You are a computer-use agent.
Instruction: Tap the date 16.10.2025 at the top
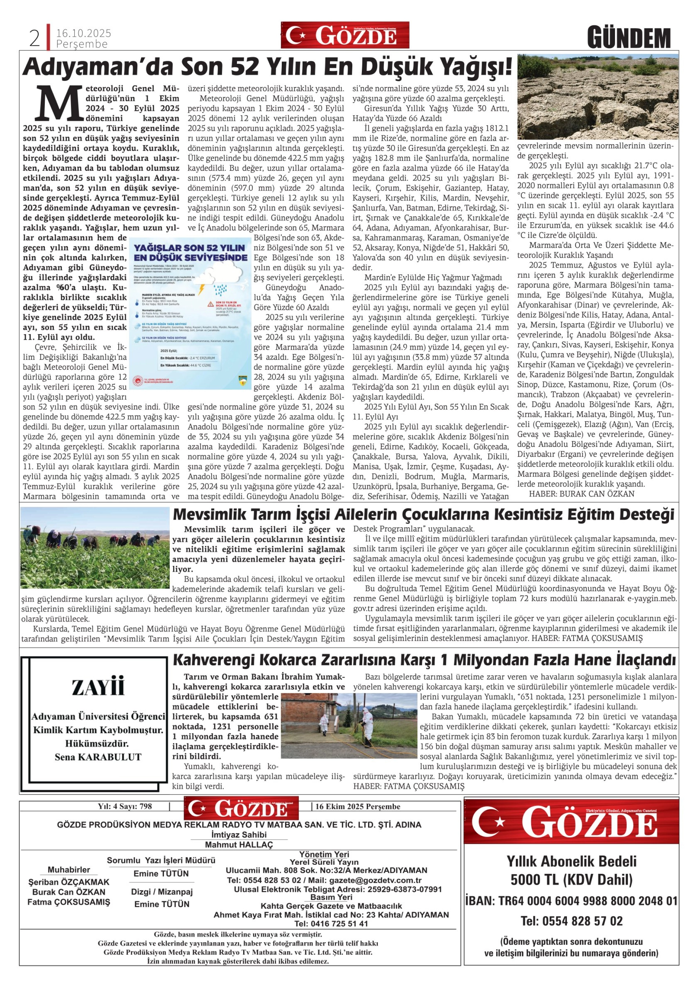pos(83,33)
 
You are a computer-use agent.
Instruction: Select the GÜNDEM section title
pos(629,38)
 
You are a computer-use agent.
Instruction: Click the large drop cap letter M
pos(58,103)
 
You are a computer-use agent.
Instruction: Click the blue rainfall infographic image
pos(191,314)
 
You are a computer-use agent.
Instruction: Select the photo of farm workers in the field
pos(95,548)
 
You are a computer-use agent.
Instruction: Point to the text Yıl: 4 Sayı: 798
pos(125,806)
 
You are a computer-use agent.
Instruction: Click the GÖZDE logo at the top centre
pos(345,35)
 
